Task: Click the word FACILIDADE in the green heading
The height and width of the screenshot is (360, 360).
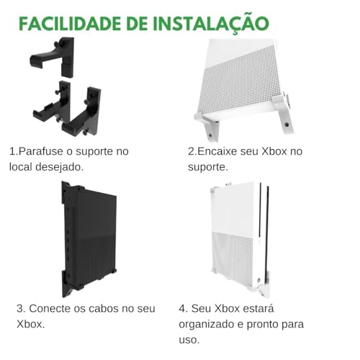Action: point(70,24)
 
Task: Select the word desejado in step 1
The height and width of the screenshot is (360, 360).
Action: point(60,167)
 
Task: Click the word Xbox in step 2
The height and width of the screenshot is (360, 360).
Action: point(274,151)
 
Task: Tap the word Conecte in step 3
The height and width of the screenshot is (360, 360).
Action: point(50,308)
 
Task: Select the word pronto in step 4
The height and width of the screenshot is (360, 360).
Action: point(262,325)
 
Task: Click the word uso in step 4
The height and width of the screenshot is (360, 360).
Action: point(189,340)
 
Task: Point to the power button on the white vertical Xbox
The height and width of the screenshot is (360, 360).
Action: point(259,280)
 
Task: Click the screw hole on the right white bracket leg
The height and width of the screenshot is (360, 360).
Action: point(287,125)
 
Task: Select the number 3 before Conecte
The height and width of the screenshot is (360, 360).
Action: point(21,309)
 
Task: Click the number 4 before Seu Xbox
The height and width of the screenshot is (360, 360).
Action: point(184,309)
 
